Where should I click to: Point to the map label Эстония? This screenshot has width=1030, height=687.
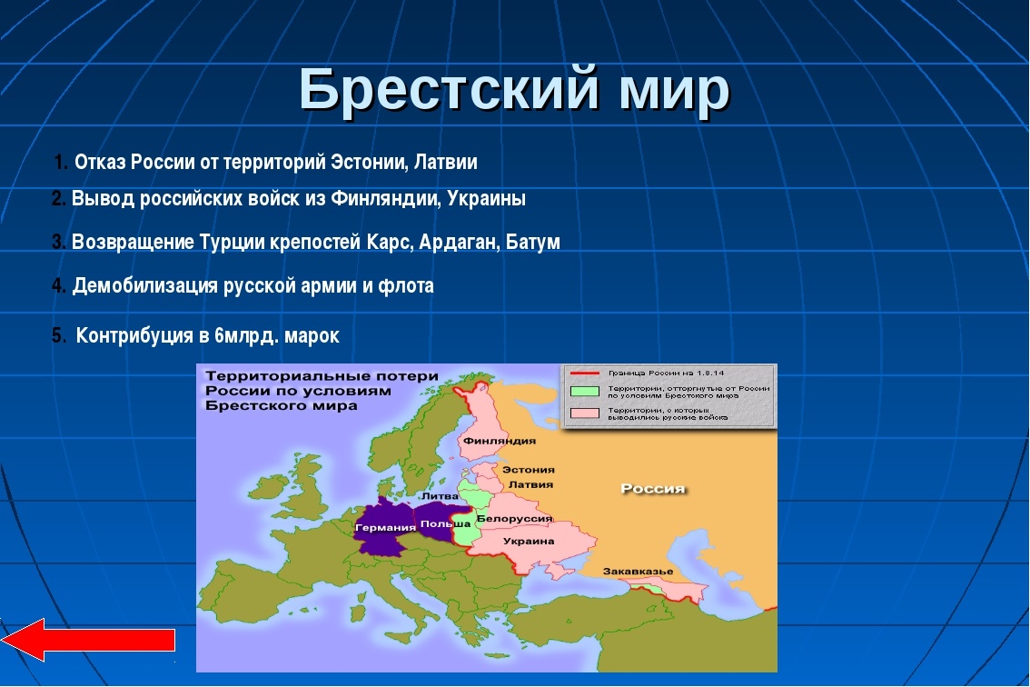[529, 470]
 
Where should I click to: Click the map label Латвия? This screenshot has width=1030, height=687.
[530, 484]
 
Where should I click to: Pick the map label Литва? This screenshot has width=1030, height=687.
[441, 496]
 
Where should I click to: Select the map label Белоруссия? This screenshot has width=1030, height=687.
[514, 518]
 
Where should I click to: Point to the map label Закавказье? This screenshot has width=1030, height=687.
[638, 571]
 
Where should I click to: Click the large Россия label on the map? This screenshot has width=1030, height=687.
[652, 489]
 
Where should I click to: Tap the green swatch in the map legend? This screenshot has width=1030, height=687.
[585, 392]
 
